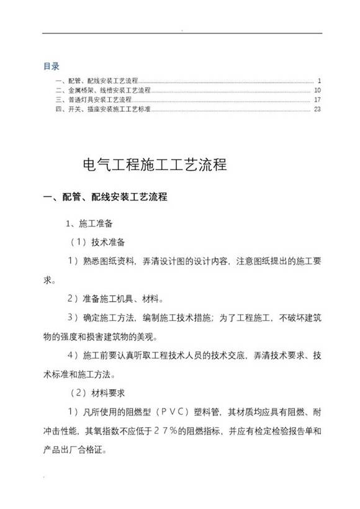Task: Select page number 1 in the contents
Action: coord(318,81)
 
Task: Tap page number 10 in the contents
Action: coord(317,90)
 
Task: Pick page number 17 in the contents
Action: coord(317,99)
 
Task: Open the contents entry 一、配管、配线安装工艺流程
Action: coord(96,81)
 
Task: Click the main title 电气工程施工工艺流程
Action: coord(155,166)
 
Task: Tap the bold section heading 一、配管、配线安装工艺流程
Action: coord(104,197)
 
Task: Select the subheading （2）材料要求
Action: coord(101,394)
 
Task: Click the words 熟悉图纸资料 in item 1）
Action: coord(111,261)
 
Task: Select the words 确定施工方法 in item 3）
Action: coord(111,318)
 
